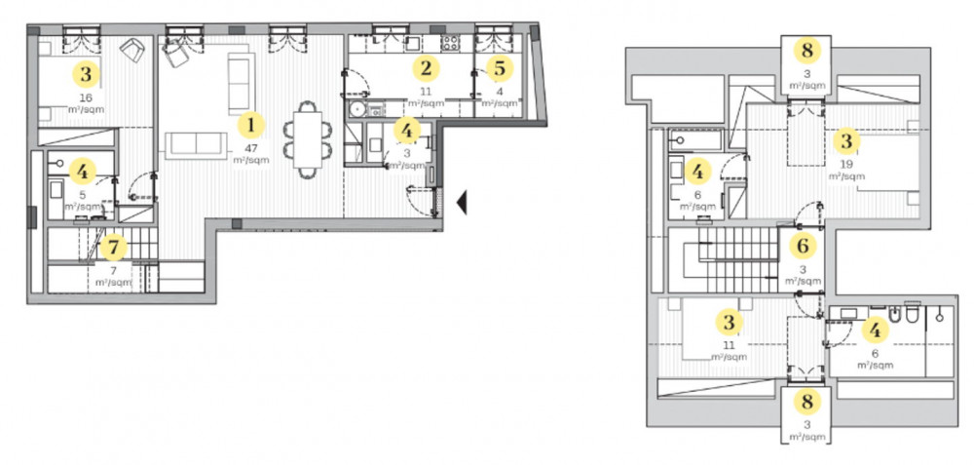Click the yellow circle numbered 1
click(251, 126)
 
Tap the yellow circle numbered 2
click(426, 68)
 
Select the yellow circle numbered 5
click(500, 69)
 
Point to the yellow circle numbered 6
click(803, 247)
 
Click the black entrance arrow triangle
click(462, 203)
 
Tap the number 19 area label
click(845, 166)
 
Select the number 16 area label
click(86, 97)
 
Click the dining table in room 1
click(308, 139)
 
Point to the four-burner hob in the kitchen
click(449, 44)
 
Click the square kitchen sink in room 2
click(412, 44)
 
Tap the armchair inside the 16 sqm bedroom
click(132, 51)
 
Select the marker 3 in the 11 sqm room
click(730, 323)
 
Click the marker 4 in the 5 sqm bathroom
click(83, 171)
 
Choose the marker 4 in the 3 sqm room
click(406, 132)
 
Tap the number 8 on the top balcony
click(806, 51)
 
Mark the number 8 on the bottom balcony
click(806, 402)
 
